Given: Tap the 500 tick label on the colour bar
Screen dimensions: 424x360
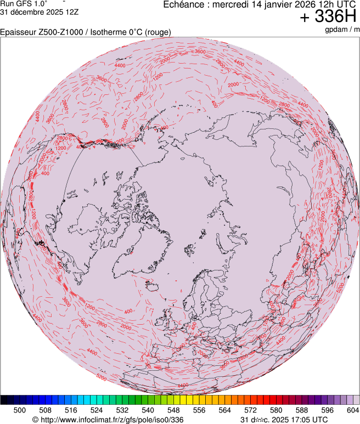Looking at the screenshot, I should [20, 410].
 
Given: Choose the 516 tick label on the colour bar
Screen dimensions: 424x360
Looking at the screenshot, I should [71, 410].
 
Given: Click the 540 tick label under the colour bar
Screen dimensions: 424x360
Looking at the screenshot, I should [148, 410].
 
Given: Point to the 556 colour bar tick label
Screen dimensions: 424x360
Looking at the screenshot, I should [199, 410].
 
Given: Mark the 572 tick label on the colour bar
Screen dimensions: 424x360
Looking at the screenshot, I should [250, 410].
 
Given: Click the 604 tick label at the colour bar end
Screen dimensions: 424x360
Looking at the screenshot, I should [352, 410].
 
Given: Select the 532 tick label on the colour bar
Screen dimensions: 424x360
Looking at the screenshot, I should [122, 410].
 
